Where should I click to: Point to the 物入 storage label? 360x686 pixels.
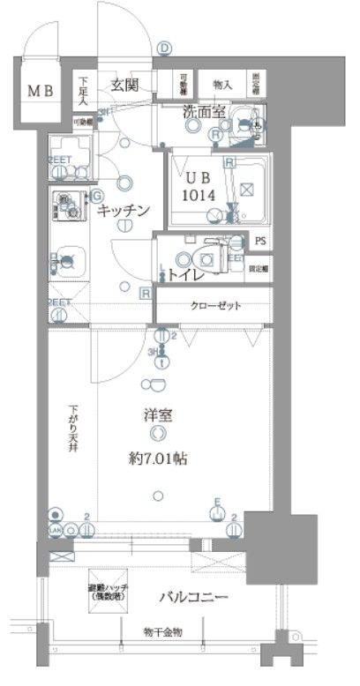[x=222, y=85]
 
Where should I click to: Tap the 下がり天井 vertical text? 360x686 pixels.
[x=76, y=427]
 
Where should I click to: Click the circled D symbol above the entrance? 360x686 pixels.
[x=164, y=49]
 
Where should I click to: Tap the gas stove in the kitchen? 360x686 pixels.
[x=67, y=204]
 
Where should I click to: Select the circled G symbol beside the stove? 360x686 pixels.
[x=97, y=195]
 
